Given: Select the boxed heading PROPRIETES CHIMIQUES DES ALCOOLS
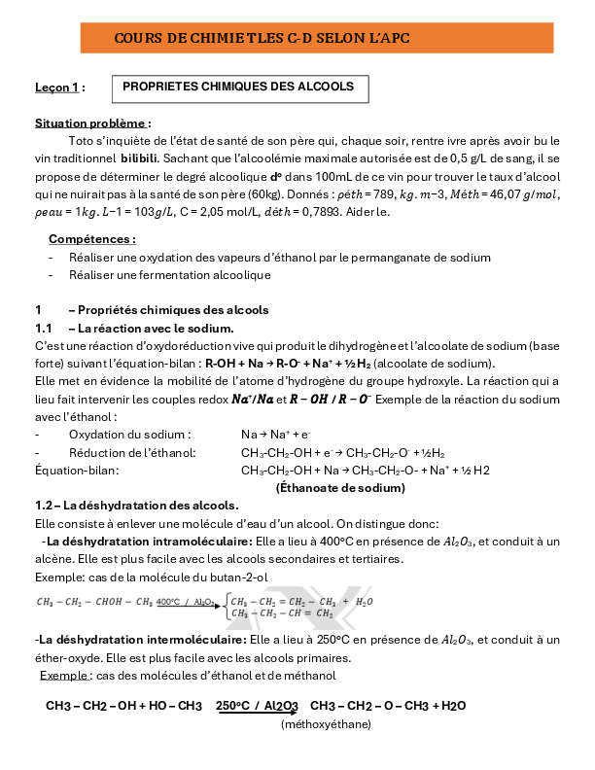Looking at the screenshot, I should click(x=238, y=87).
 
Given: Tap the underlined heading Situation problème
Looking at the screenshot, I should click(x=92, y=123).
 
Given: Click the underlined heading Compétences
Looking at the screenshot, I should click(x=92, y=238).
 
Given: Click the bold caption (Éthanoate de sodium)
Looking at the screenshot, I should click(x=340, y=488).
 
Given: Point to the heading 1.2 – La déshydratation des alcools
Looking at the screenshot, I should click(x=136, y=506).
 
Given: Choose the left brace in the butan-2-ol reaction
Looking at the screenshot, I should click(x=226, y=608).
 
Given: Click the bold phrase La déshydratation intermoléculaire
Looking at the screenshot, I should click(x=141, y=641).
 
